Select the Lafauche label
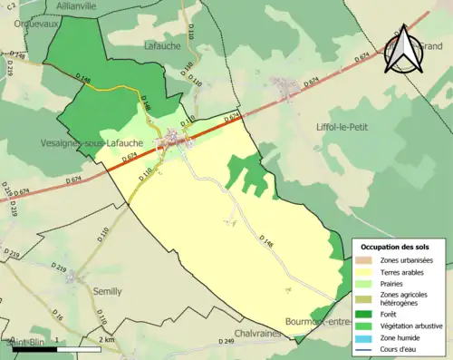tap(163, 44)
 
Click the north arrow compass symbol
tap(402, 52)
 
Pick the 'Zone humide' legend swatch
tap(367, 336)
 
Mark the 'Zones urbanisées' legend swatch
tap(367, 260)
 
